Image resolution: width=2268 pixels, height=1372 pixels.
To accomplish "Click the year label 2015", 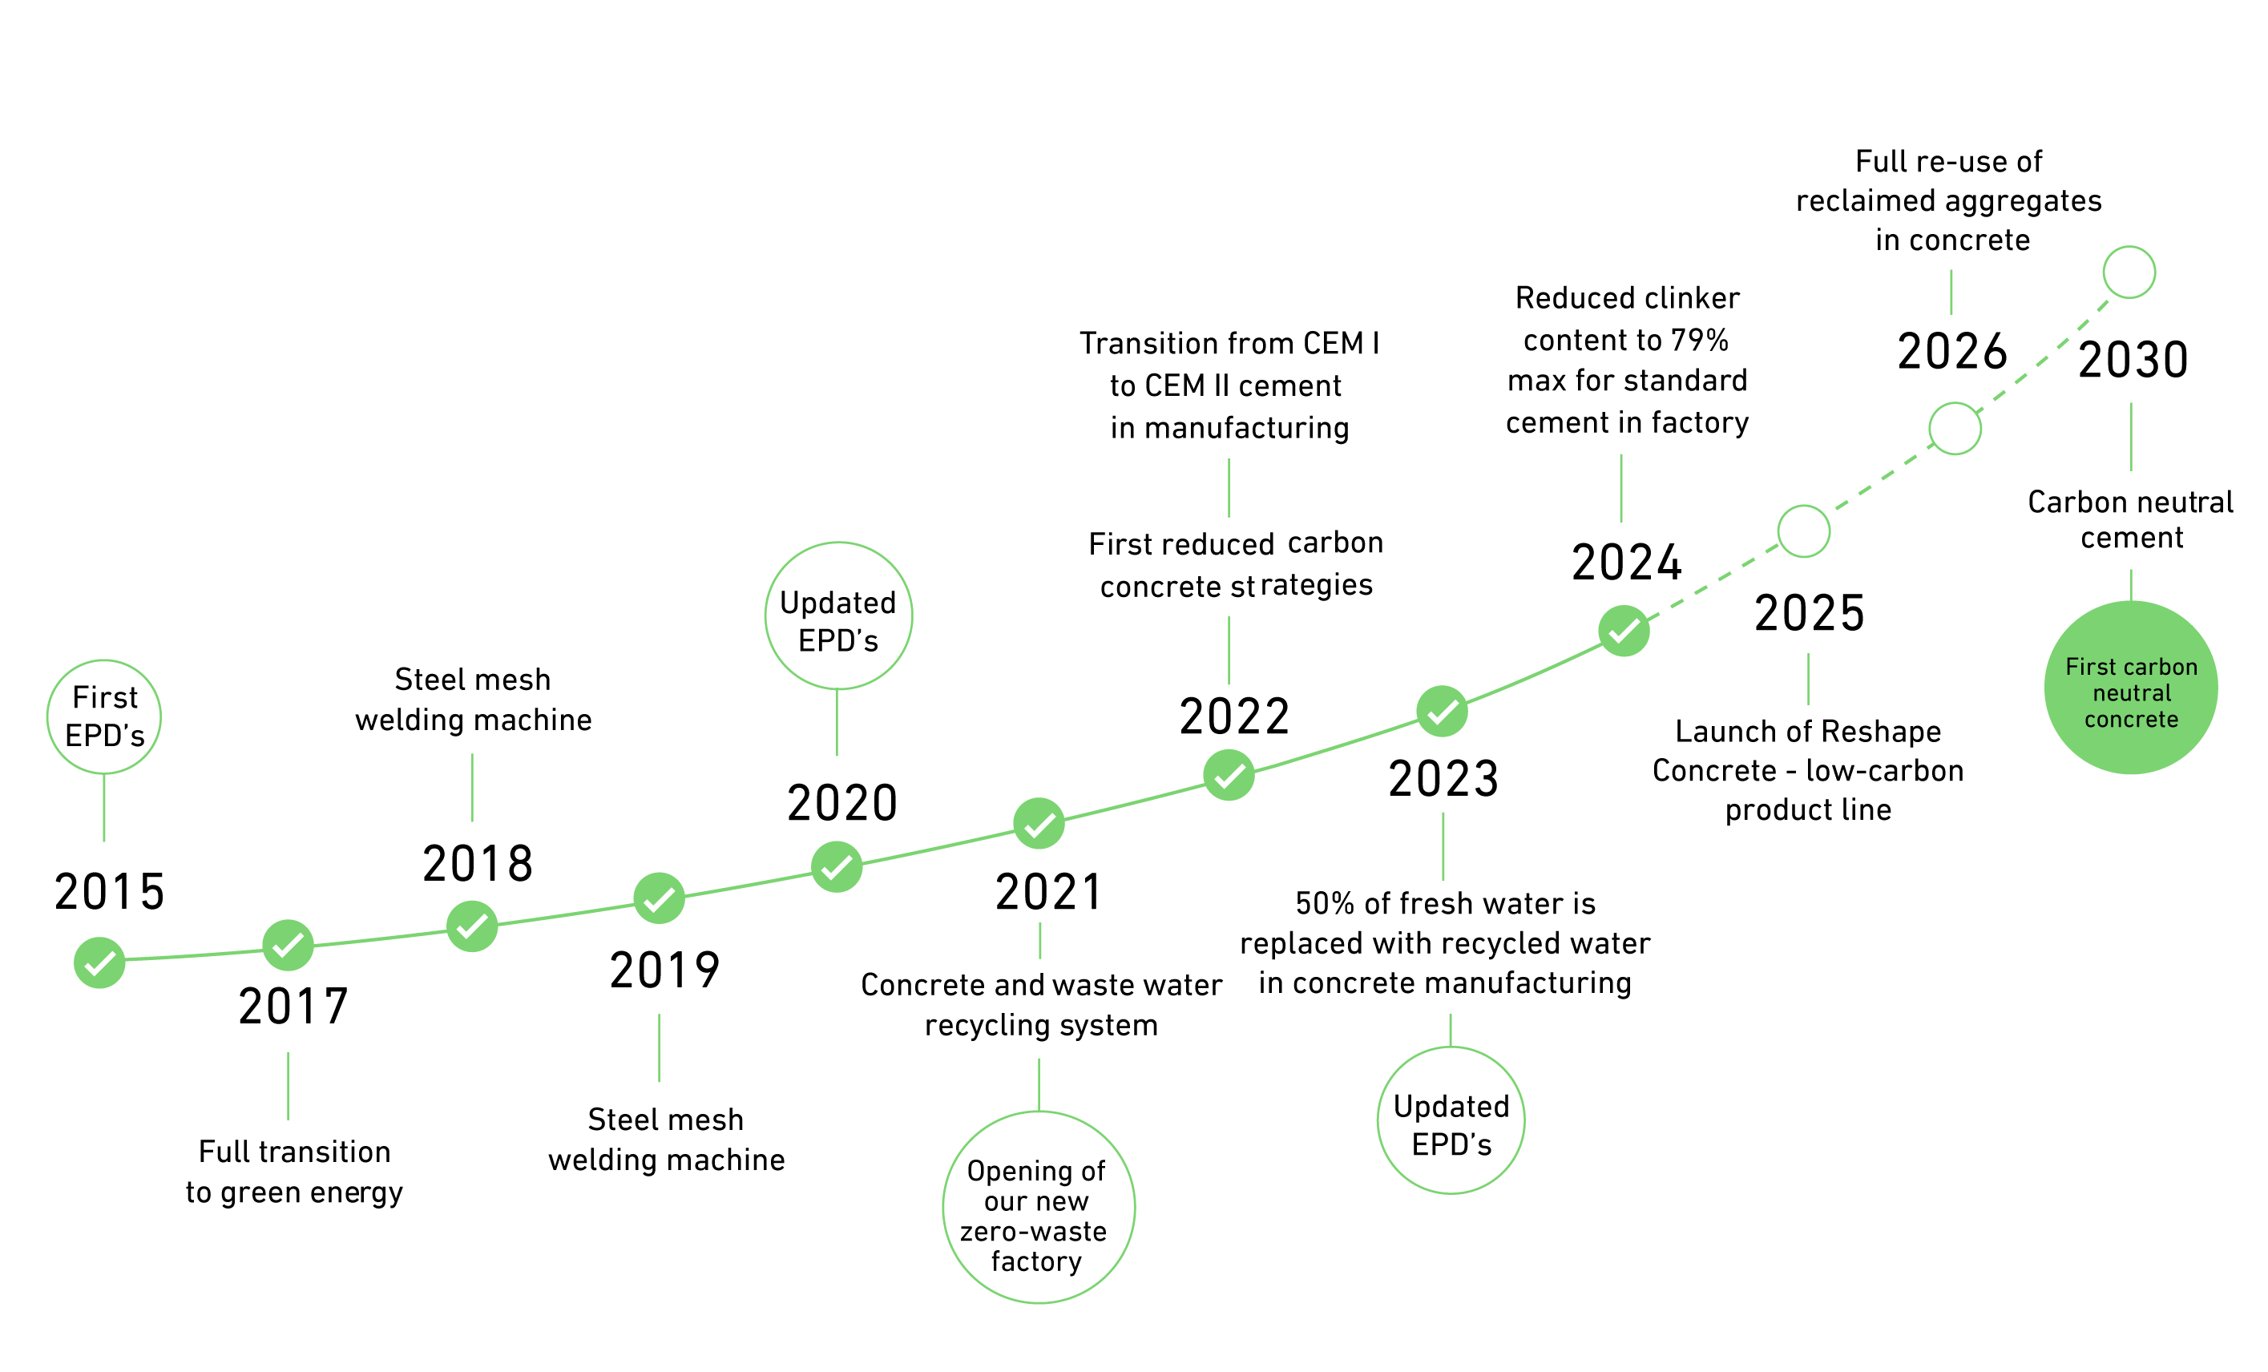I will click(110, 892).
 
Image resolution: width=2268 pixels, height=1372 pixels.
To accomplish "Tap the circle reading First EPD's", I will click(104, 716).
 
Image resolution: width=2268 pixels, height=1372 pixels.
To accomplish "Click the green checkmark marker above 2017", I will click(288, 945).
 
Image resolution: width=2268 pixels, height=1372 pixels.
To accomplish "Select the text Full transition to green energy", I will click(295, 1172).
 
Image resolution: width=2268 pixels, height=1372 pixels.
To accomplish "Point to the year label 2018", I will click(478, 864).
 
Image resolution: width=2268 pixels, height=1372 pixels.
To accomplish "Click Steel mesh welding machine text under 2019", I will click(667, 1139).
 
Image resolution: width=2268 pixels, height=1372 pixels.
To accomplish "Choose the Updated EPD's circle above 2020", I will click(838, 616).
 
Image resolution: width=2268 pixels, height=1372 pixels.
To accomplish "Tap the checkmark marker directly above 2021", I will click(1039, 824).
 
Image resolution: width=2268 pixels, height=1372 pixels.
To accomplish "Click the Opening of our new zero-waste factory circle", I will click(1039, 1207).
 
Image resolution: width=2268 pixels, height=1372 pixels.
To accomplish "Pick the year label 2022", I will click(1234, 716).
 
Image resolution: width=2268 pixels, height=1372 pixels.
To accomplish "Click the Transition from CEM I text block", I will click(1229, 385).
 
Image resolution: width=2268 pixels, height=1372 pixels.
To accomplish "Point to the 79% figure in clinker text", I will click(1700, 340).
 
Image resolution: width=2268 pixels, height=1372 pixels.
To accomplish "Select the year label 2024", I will click(1626, 563).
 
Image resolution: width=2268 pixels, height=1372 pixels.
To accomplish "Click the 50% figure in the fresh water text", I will click(1326, 904).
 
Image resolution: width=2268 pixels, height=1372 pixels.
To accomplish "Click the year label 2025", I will click(1810, 613).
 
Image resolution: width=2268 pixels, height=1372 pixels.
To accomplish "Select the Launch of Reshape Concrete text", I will click(1808, 770).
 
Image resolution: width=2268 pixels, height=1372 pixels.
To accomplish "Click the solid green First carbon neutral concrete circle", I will click(2131, 688).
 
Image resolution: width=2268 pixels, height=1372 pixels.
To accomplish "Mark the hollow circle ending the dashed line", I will click(2129, 272).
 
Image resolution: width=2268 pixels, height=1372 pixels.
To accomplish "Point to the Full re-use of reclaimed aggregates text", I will click(1950, 200).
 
